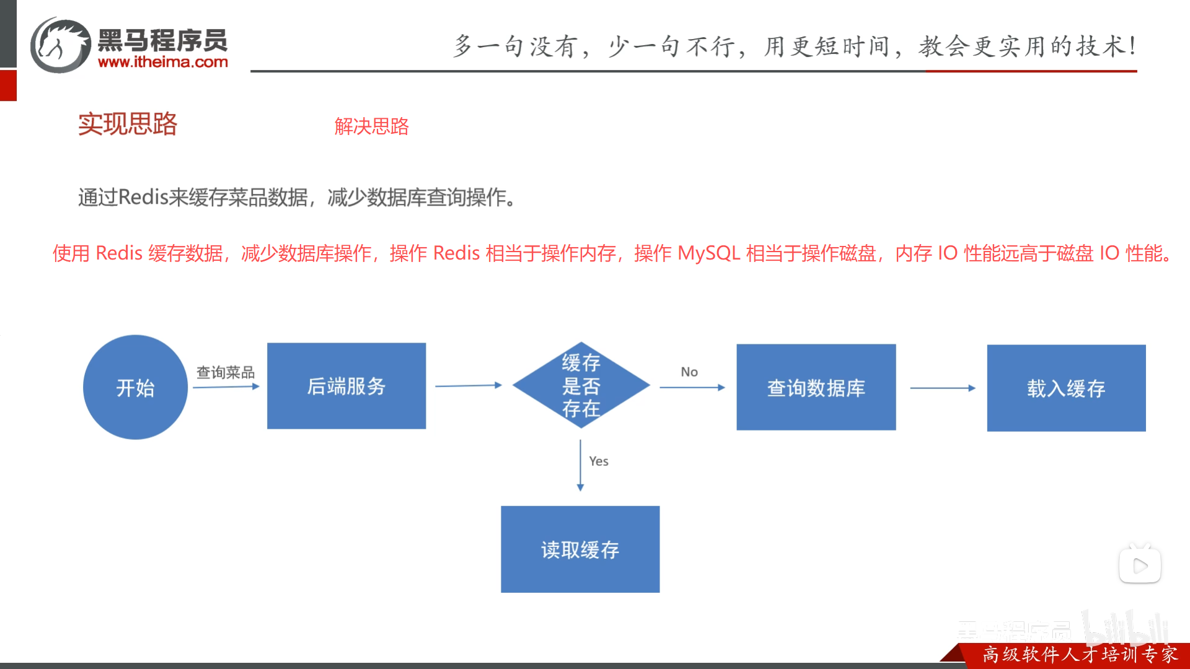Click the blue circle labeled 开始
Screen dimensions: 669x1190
point(135,387)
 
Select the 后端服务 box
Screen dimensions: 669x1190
point(346,386)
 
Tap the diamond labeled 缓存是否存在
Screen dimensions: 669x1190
point(581,385)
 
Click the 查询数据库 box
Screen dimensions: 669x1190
point(816,387)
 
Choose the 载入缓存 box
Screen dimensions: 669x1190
point(1066,388)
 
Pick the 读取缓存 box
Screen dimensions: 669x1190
point(580,549)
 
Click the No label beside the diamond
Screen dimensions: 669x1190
point(689,372)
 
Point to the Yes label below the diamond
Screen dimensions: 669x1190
point(599,461)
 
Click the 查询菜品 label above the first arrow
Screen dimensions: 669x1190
point(226,372)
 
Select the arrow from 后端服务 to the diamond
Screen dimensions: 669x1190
point(469,385)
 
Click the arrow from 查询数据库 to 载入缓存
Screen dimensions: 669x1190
point(942,388)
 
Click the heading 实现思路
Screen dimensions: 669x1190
point(128,124)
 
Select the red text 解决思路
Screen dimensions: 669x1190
point(371,126)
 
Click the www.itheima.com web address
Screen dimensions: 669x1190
point(163,62)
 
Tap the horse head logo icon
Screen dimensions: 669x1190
point(61,45)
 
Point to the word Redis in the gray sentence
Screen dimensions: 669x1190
point(143,197)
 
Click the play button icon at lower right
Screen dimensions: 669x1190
point(1140,566)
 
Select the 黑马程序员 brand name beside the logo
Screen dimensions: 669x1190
point(163,41)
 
